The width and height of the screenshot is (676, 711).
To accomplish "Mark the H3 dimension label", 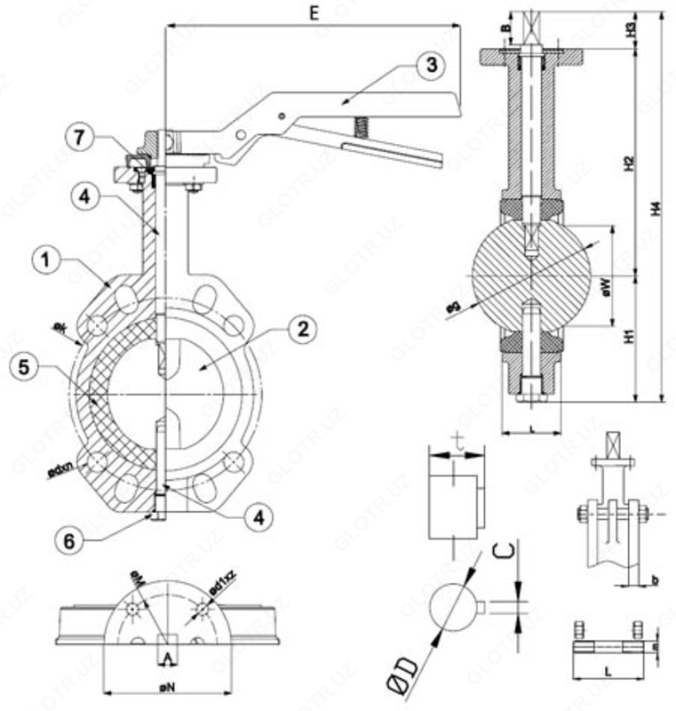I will click(630, 28).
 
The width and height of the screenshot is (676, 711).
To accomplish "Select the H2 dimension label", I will click(629, 164).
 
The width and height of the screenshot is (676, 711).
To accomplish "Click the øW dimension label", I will click(605, 285).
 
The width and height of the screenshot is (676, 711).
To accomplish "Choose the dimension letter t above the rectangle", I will click(457, 438).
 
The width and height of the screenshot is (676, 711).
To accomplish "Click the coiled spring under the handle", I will click(360, 127).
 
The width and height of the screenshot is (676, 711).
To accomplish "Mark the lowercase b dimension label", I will click(653, 580).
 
